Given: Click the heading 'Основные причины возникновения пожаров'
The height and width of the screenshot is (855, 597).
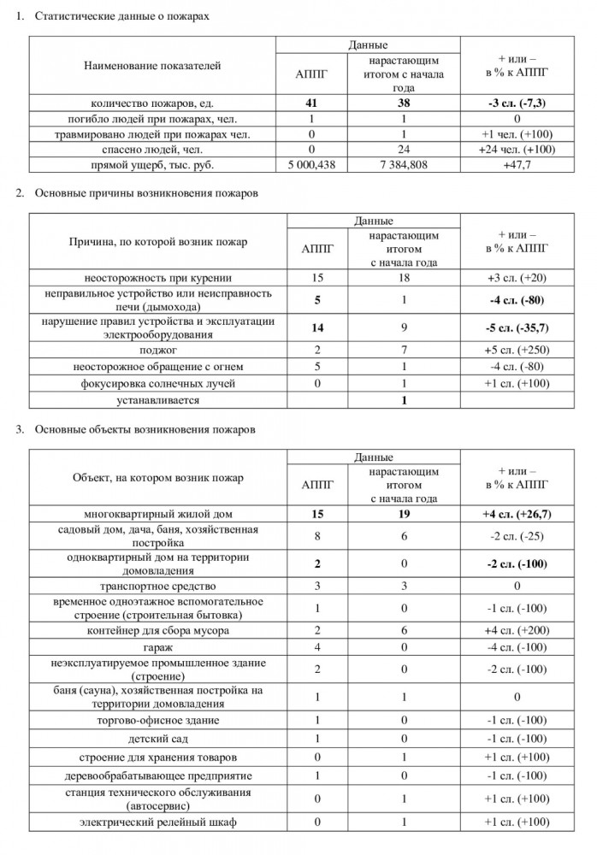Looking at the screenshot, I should coord(146,193).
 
